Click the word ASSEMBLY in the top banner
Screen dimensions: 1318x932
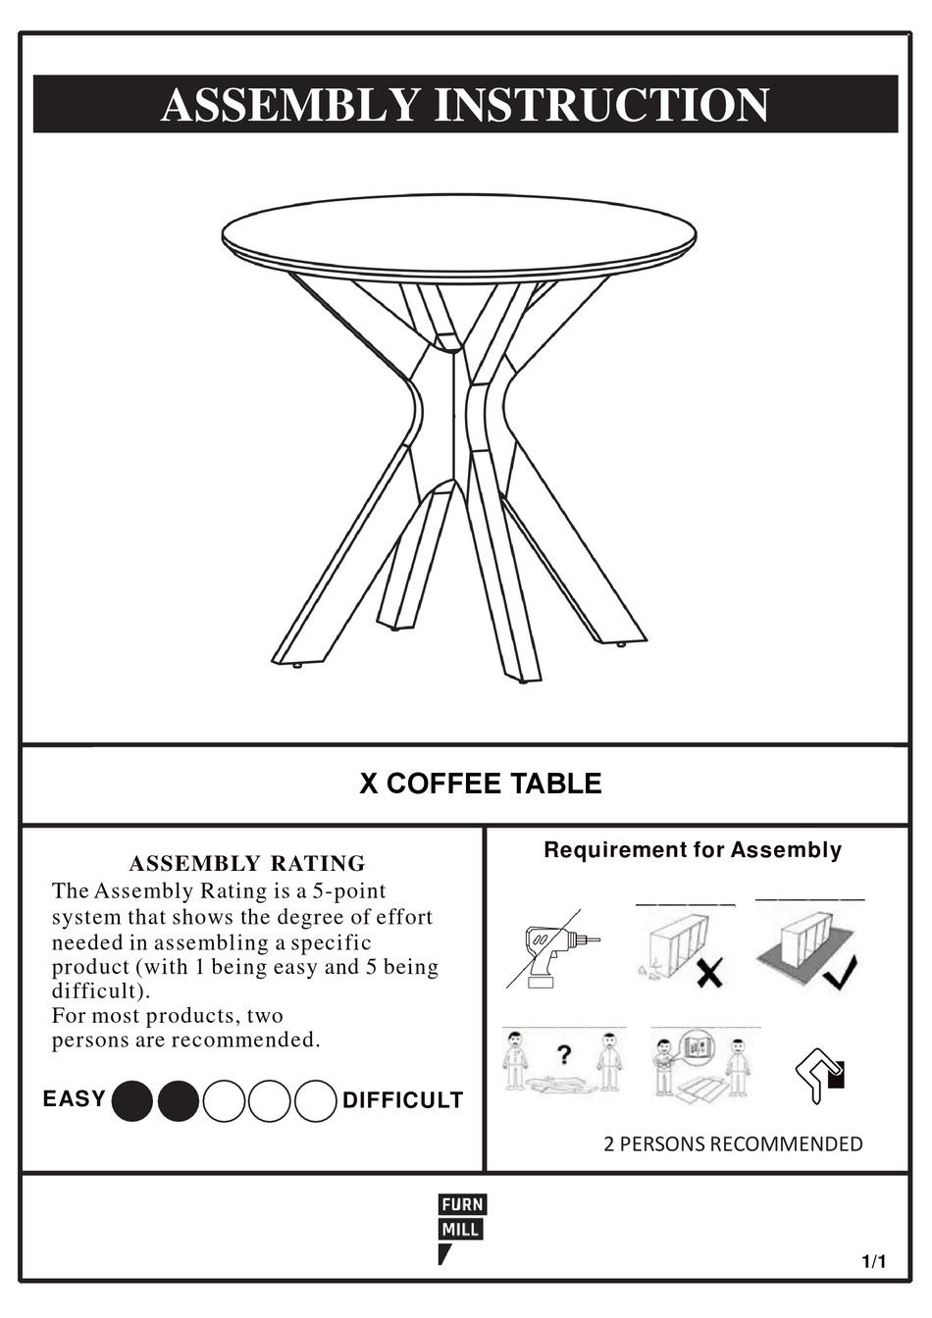click(x=290, y=105)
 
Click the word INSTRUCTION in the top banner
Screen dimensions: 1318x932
click(x=600, y=105)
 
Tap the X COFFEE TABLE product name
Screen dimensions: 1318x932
click(x=480, y=784)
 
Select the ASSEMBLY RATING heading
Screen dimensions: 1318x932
click(x=247, y=864)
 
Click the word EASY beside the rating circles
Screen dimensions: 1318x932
click(x=74, y=1098)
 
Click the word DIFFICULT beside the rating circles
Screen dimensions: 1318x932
click(x=402, y=1100)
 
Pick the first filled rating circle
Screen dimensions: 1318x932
click(x=132, y=1101)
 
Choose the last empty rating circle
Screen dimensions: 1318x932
click(x=316, y=1101)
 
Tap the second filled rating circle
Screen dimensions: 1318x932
click(x=179, y=1101)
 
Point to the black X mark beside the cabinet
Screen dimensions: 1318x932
click(x=710, y=974)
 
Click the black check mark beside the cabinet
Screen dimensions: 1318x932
click(x=841, y=972)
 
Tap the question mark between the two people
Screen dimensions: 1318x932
click(x=564, y=1055)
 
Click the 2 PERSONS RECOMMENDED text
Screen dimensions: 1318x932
click(x=733, y=1143)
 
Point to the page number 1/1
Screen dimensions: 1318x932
click(x=873, y=1262)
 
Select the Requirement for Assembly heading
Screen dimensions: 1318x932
click(x=693, y=850)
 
